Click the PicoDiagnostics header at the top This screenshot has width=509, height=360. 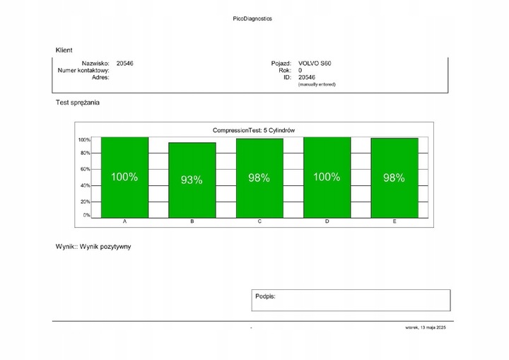(252, 18)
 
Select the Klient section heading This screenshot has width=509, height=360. (64, 50)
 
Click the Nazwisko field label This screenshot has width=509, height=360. (95, 64)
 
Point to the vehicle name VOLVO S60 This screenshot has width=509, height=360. (315, 64)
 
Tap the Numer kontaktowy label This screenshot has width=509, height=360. (83, 71)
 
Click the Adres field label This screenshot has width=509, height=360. (99, 77)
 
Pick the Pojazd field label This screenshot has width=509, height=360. (281, 64)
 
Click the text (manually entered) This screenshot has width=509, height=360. (317, 84)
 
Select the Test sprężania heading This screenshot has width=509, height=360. (78, 103)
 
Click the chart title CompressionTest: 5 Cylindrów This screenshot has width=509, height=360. (254, 130)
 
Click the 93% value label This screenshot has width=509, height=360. (192, 180)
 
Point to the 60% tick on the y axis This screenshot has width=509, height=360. (84, 169)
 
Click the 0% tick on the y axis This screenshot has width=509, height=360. (86, 215)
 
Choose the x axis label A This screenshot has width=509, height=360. (124, 222)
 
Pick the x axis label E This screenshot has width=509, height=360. (394, 222)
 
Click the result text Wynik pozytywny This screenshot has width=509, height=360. (106, 247)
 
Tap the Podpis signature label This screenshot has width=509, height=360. (265, 296)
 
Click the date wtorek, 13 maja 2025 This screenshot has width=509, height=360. (425, 327)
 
